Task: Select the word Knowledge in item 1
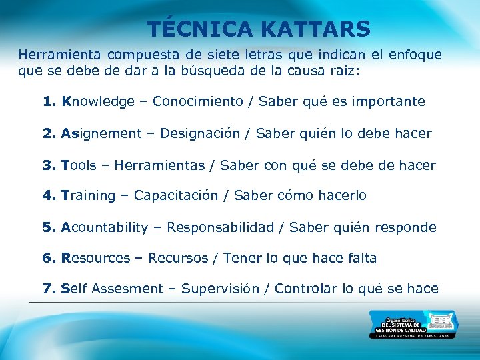coord(98,101)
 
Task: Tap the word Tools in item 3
coord(79,165)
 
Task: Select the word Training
coord(88,195)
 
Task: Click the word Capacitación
coord(176,195)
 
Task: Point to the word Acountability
coord(105,227)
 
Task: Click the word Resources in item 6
coord(95,258)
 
